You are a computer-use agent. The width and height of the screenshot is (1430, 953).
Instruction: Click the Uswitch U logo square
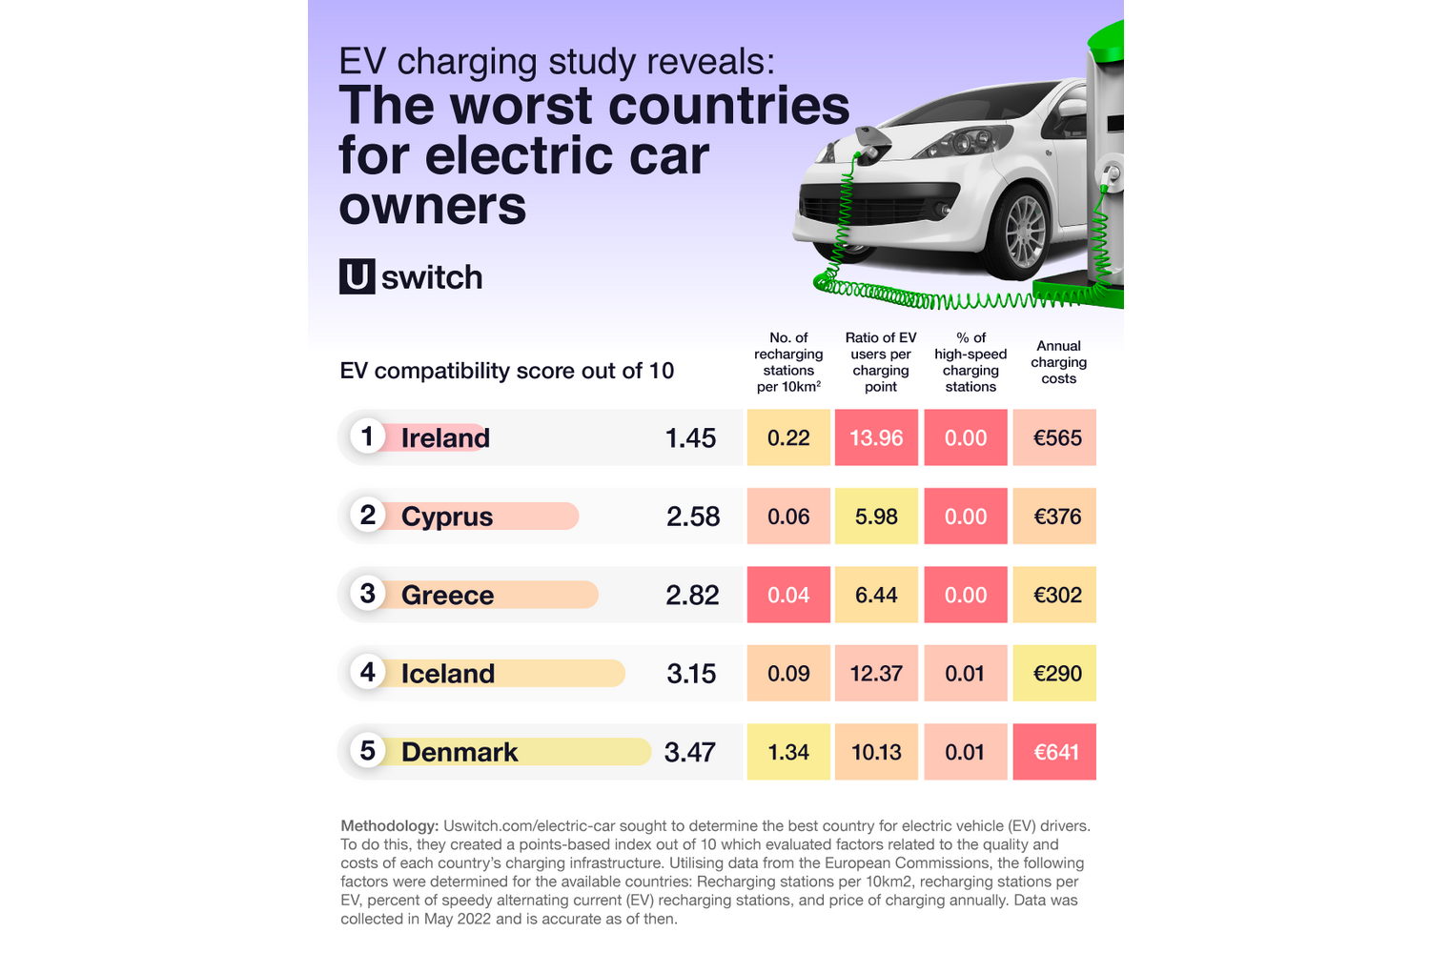[357, 276]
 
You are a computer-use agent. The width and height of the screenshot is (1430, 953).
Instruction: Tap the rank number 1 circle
[367, 436]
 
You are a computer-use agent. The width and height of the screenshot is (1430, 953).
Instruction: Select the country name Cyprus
[447, 517]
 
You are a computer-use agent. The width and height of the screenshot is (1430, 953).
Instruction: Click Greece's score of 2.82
[692, 595]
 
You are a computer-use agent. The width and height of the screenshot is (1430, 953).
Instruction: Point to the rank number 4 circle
[367, 672]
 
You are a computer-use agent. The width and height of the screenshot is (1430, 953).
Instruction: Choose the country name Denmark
[460, 752]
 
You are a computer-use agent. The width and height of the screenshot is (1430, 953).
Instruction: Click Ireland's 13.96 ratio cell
[876, 437]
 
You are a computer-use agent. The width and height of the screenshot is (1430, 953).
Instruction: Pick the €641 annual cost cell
[1054, 752]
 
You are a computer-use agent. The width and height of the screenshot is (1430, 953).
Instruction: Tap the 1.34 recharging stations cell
[788, 752]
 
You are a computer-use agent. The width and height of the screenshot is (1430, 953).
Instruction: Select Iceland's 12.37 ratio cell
[876, 673]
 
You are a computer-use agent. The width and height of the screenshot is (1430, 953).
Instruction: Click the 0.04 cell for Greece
[788, 595]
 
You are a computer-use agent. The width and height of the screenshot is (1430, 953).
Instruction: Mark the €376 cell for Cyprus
[1054, 517]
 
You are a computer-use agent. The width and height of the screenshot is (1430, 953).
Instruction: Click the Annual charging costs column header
[1058, 362]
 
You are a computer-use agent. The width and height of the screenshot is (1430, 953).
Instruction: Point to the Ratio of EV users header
[881, 362]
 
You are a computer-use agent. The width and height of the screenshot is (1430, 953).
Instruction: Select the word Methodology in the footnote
[389, 826]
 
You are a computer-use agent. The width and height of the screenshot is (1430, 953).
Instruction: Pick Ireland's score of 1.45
[690, 437]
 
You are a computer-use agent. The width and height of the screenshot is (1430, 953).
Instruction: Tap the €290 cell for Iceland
[1054, 673]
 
